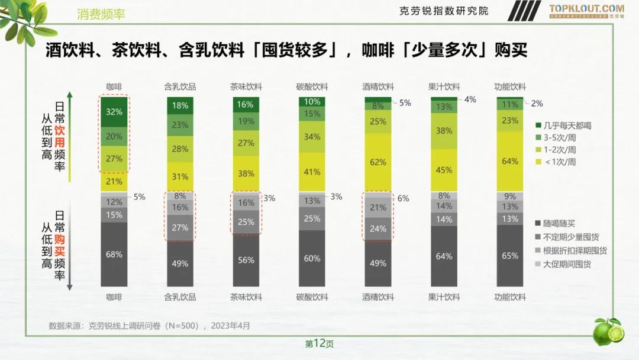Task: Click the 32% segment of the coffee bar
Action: pyautogui.click(x=114, y=111)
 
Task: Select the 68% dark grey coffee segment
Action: pyautogui.click(x=114, y=255)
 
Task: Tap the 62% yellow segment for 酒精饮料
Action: pyautogui.click(x=379, y=162)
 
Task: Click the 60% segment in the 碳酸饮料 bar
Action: pyautogui.click(x=312, y=258)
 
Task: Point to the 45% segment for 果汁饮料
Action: pyautogui.click(x=444, y=171)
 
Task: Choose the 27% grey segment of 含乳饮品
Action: pyautogui.click(x=180, y=227)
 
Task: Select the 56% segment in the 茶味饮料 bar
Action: pyautogui.click(x=247, y=260)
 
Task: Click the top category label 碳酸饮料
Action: pyautogui.click(x=312, y=86)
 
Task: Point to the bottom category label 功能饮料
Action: pyautogui.click(x=510, y=297)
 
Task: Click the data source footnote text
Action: pyautogui.click(x=149, y=326)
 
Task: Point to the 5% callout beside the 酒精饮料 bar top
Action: pyautogui.click(x=405, y=102)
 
